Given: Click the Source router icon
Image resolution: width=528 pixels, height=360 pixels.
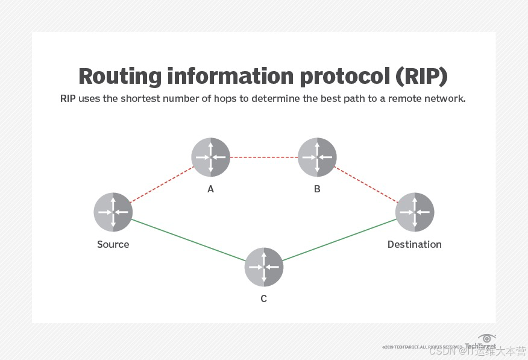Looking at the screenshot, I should [113, 212].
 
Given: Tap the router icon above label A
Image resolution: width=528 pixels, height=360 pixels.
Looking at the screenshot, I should [211, 157].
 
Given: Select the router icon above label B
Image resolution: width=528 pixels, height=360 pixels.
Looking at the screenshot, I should [317, 157].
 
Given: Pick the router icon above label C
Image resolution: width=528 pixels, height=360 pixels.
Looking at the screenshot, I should [264, 267].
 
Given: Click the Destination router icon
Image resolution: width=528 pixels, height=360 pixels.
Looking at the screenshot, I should [415, 212].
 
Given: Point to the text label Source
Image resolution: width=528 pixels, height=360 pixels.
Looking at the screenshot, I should [113, 244].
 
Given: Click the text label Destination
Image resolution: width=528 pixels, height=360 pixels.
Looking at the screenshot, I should [415, 244].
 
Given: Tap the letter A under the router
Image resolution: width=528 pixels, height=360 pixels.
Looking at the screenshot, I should [211, 189].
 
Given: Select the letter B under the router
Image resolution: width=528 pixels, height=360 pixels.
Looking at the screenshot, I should [317, 189].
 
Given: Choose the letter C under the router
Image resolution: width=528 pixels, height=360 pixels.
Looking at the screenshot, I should [264, 298].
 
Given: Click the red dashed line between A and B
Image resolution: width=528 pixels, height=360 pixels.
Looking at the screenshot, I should [264, 157].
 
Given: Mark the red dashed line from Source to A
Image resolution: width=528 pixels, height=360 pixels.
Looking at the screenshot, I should [162, 185].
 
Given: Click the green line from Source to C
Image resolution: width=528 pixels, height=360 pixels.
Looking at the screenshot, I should [188, 239].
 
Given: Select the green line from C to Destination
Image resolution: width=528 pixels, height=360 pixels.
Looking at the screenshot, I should [339, 239].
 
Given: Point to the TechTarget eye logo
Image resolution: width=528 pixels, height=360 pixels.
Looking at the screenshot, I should [486, 338].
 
